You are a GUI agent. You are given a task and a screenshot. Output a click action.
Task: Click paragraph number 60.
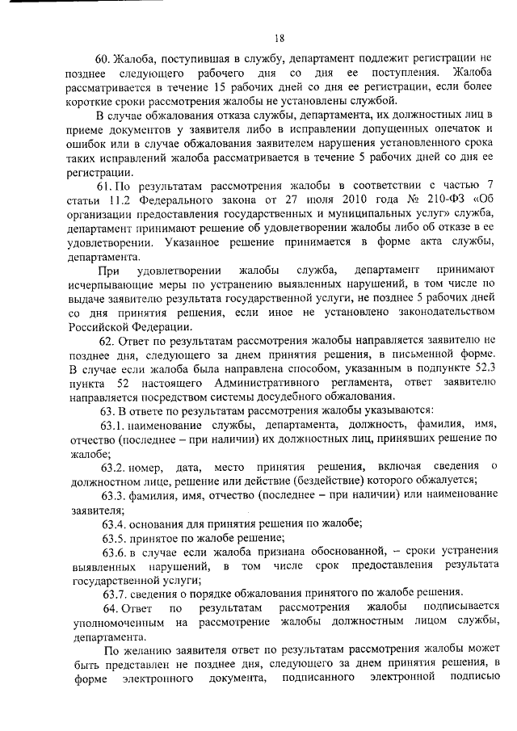(103, 60)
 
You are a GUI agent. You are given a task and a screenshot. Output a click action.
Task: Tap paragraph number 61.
(103, 187)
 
